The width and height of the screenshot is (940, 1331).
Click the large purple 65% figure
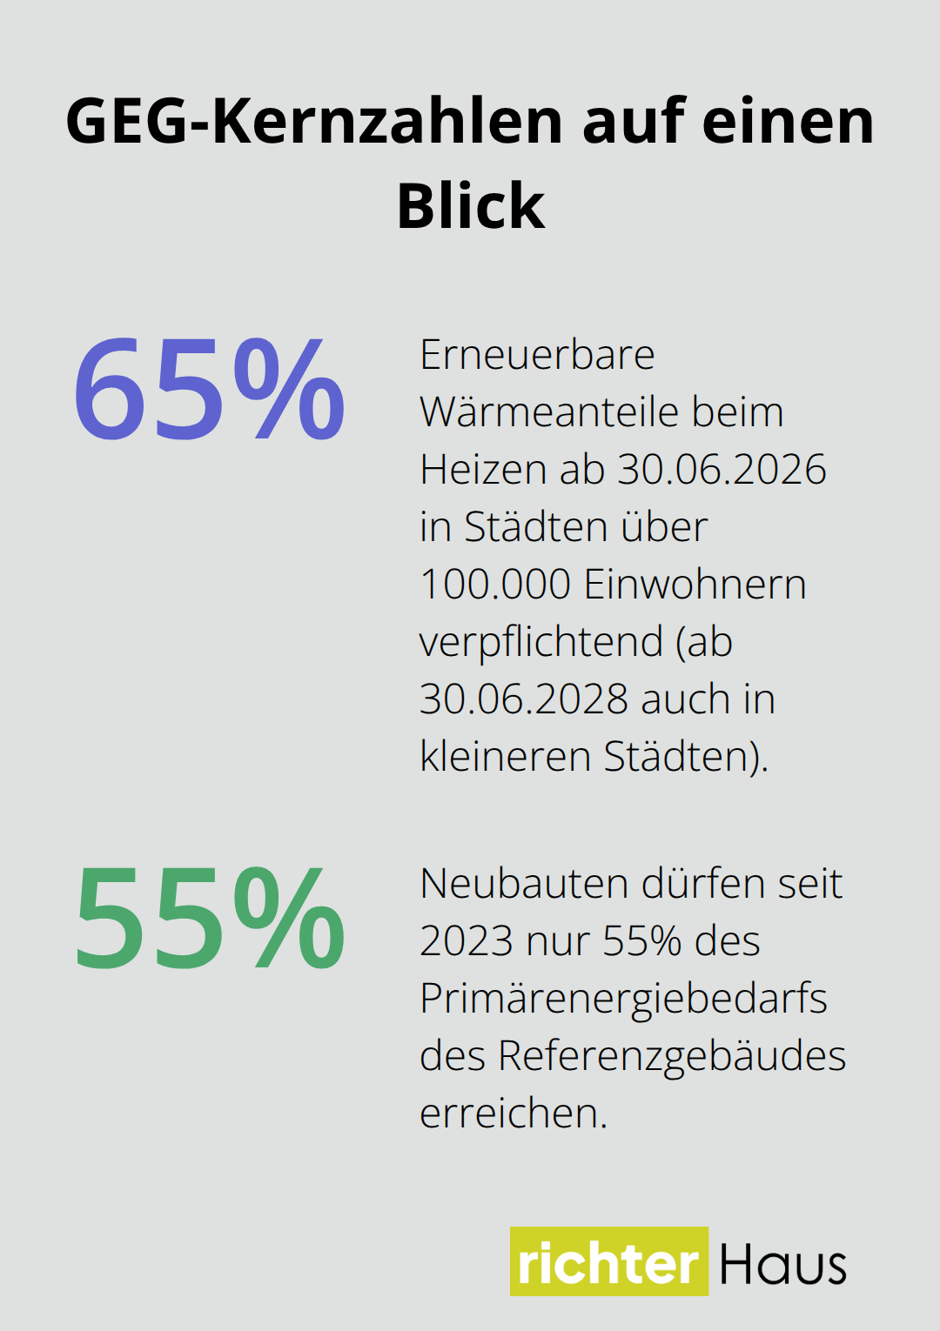click(x=209, y=390)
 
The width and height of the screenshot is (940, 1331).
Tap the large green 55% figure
click(x=209, y=919)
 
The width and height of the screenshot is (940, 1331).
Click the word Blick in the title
click(x=471, y=207)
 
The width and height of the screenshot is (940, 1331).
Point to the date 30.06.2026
click(x=722, y=470)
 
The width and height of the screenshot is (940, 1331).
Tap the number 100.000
click(x=494, y=585)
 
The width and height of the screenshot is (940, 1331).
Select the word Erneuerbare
click(x=537, y=355)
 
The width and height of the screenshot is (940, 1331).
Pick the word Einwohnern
click(x=695, y=585)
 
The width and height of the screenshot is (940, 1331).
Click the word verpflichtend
click(x=541, y=643)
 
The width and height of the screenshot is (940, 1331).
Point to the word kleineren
click(x=506, y=757)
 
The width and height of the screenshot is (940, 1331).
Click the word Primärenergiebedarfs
click(x=623, y=999)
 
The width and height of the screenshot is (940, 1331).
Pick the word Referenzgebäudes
click(x=671, y=1056)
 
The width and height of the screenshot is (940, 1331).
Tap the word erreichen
click(x=513, y=1114)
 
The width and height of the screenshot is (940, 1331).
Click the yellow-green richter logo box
click(x=608, y=1261)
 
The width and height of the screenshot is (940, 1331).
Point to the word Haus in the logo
click(x=782, y=1264)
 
